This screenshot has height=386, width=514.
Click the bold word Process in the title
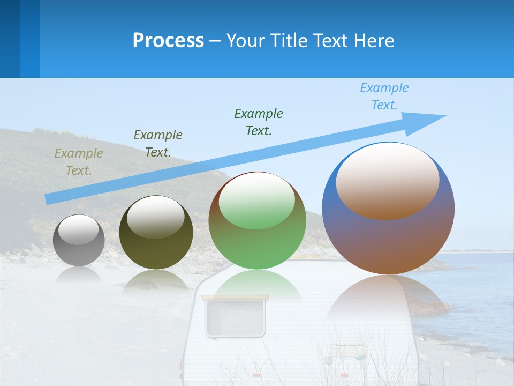(x=168, y=41)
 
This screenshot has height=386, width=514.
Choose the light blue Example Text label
(x=384, y=96)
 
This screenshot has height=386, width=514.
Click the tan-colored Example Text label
(x=79, y=161)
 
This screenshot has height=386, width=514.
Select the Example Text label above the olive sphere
(x=158, y=144)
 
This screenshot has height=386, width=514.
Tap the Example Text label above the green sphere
(x=259, y=122)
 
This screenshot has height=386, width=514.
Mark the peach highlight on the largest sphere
(x=388, y=181)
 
